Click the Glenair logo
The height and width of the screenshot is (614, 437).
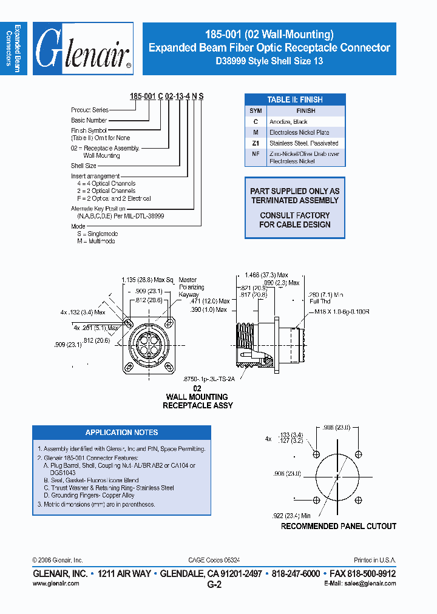83,50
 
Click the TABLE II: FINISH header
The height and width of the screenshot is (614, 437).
295,100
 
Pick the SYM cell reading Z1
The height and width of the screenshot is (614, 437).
256,143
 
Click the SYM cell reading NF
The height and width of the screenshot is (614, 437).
256,154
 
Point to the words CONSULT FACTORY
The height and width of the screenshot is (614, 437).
295,215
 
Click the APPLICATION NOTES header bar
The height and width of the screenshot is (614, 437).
121,433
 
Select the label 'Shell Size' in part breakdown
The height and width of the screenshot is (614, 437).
84,166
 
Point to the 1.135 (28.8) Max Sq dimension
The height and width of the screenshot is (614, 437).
147,280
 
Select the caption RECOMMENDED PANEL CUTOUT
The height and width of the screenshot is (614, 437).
339,527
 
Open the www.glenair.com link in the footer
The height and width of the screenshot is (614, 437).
55,583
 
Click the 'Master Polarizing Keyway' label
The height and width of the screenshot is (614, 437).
192,287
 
